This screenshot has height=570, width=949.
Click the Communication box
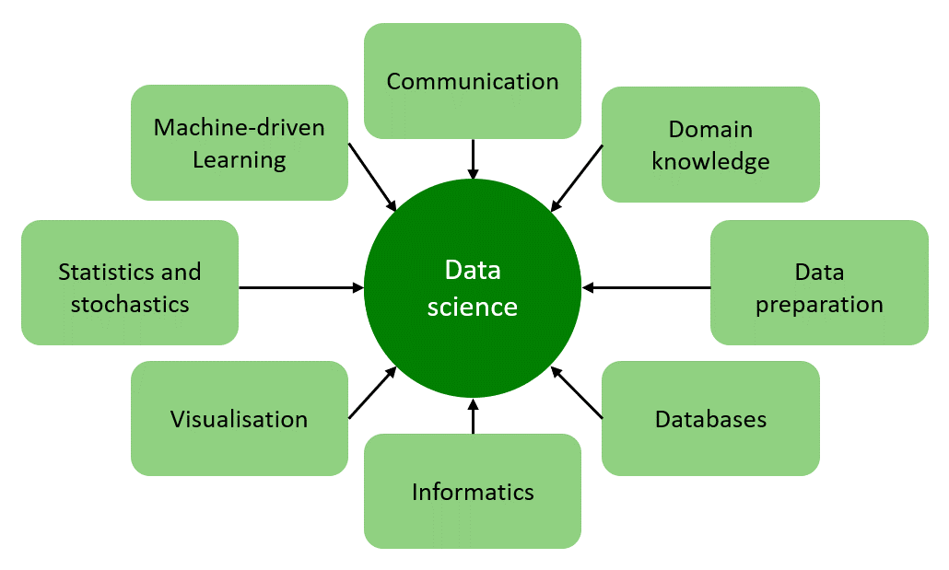point(472,81)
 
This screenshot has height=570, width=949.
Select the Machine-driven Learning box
point(240,143)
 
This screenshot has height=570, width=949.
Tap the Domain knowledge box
point(710,145)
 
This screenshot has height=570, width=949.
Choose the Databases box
point(710,419)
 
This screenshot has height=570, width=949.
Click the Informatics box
point(472,491)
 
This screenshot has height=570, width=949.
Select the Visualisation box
point(240,419)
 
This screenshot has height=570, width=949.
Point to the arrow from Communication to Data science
point(473,158)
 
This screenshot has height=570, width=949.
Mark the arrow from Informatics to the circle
point(473,416)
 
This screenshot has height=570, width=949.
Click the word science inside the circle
point(473,306)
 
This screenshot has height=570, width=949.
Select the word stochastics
point(130,304)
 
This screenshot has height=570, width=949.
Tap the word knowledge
point(710,162)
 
